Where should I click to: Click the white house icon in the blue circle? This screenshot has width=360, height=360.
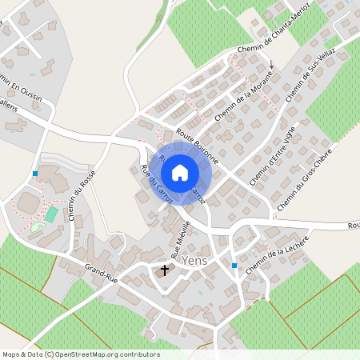pos(180,172)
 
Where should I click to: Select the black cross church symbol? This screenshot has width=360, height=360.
pos(166,270)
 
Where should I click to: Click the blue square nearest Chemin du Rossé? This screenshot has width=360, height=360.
pos(35,173)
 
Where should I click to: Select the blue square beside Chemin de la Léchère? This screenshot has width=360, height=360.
pos(234,265)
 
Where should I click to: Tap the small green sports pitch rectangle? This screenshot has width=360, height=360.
pos(52,214)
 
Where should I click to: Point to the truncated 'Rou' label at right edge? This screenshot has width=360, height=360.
pos(353,226)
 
